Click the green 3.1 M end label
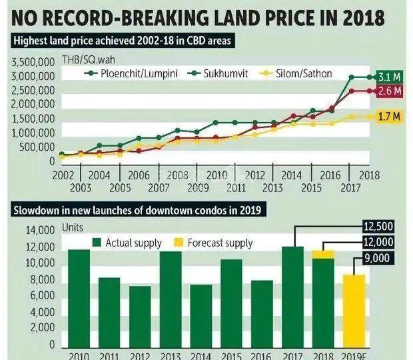coord(389,77)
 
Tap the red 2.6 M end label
coord(389,91)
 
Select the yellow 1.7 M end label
coord(389,117)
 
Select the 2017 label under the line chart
coord(350,187)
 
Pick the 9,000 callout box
coord(378,257)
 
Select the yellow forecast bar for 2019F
coord(354,309)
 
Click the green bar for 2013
coord(171,299)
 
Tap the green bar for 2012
coord(140,315)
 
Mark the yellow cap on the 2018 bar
coord(324,254)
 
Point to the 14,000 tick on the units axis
coord(39,231)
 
